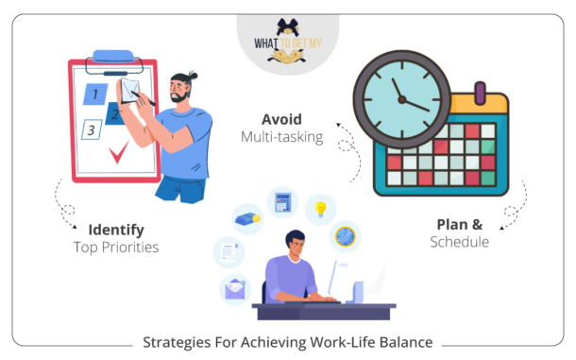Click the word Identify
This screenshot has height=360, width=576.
click(x=116, y=230)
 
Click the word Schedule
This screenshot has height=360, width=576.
click(x=459, y=242)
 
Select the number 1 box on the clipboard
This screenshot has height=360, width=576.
click(x=95, y=94)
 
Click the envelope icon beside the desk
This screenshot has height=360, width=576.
click(x=232, y=288)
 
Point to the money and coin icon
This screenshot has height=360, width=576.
click(x=247, y=219)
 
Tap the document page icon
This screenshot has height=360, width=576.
click(x=228, y=251)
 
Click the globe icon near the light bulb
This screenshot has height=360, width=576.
click(x=346, y=234)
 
